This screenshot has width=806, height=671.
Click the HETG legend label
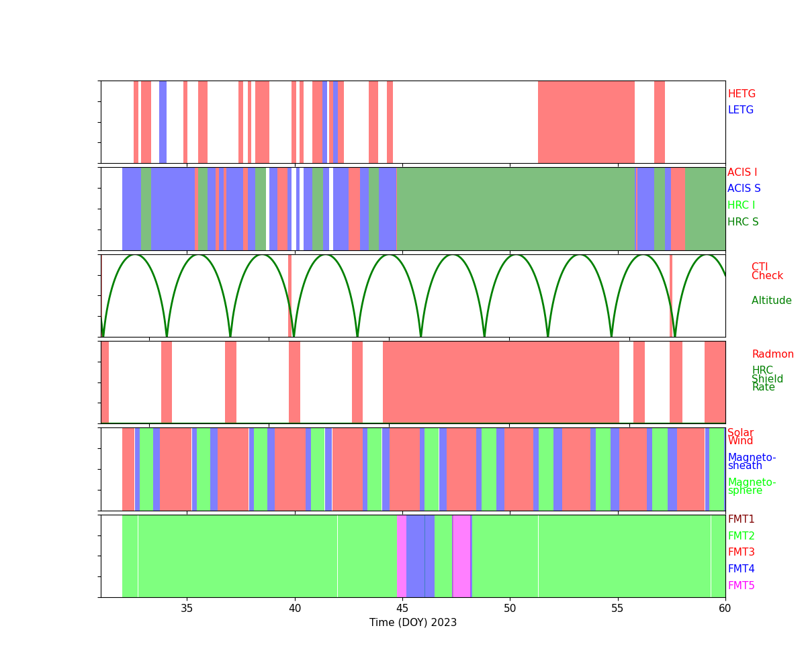(x=742, y=94)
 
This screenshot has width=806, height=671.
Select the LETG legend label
(x=741, y=110)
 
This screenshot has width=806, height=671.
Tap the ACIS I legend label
(x=742, y=172)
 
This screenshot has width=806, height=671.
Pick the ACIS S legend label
(x=744, y=189)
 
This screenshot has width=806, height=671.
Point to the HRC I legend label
(x=741, y=205)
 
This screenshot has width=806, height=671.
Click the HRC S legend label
(x=743, y=222)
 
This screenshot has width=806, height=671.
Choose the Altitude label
(x=771, y=301)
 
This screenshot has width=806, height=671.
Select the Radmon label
(x=772, y=354)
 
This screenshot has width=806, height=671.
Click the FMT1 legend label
(x=741, y=519)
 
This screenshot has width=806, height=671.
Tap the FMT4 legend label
(x=741, y=569)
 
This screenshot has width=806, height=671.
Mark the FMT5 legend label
(x=741, y=586)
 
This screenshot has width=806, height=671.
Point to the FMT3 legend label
(x=741, y=552)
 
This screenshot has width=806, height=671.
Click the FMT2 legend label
(x=741, y=536)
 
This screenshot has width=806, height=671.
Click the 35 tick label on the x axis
(x=187, y=609)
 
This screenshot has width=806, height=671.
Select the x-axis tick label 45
(x=402, y=609)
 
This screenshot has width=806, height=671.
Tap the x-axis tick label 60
(x=725, y=609)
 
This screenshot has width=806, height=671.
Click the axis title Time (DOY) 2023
(x=413, y=623)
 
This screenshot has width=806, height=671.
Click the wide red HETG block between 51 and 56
(x=586, y=122)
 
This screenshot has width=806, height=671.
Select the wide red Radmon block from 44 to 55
(x=501, y=382)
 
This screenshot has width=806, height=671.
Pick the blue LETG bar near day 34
(x=163, y=122)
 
